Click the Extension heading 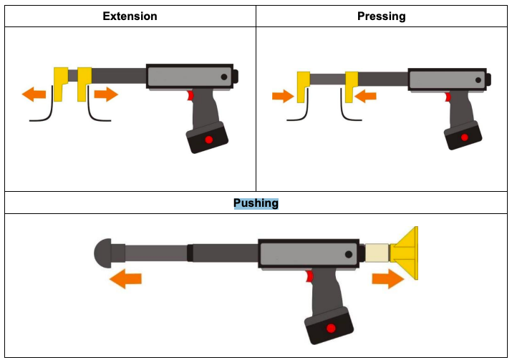pos(130,16)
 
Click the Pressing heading pos(382,16)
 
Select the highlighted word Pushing pos(256,203)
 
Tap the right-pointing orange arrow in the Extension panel pos(105,94)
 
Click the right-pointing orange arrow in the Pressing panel pos(283,95)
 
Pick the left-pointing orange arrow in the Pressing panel pos(365,95)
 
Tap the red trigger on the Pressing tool pos(448,96)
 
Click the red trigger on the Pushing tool pos(309,277)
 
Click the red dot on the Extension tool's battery pos(208,139)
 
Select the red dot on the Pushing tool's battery pos(330,329)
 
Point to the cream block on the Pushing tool pos(377,253)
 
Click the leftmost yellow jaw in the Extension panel pos(61,82)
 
